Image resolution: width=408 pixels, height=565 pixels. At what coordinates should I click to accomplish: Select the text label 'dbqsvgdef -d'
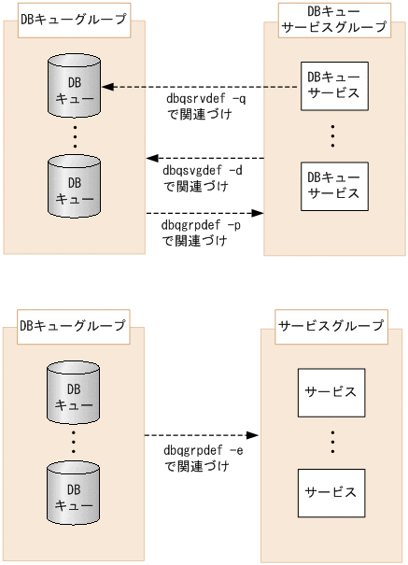202,171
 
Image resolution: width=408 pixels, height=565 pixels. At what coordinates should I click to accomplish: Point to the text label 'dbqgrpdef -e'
202,451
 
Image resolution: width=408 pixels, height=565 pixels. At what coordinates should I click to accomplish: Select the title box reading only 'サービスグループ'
331,326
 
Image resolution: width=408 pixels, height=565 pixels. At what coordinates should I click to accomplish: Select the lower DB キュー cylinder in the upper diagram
75,189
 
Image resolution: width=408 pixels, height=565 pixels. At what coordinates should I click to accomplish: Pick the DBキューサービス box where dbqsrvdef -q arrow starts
333,87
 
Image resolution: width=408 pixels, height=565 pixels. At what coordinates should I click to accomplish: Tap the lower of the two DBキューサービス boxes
333,185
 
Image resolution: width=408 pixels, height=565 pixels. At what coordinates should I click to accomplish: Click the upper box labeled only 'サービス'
331,392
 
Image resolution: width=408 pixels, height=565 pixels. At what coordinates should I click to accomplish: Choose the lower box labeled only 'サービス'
331,492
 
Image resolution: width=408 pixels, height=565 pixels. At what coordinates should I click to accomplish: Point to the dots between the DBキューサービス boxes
333,135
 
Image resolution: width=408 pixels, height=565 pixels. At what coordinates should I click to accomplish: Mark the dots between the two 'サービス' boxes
331,442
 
